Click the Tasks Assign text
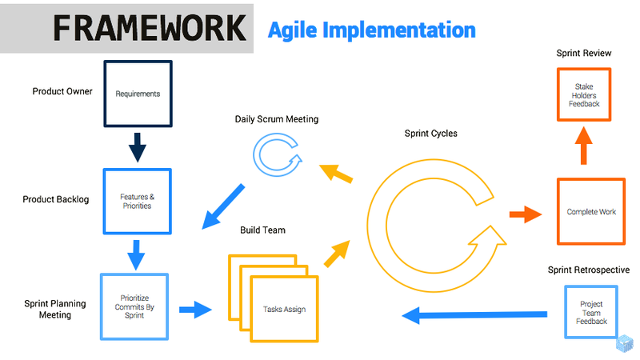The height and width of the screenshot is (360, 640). pyautogui.click(x=284, y=310)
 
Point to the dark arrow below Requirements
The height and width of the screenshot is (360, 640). pyautogui.click(x=138, y=147)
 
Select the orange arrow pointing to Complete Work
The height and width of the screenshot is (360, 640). pyautogui.click(x=526, y=214)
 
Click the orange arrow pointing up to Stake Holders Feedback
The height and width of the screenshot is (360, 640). pyautogui.click(x=584, y=146)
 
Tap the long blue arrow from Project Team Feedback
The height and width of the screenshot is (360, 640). pyautogui.click(x=474, y=315)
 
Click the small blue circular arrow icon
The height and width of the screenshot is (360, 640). pyautogui.click(x=254, y=155)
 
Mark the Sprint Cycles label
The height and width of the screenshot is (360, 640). pyautogui.click(x=430, y=134)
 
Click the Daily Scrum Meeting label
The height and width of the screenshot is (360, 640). pyautogui.click(x=276, y=119)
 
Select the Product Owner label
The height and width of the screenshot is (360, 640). pyautogui.click(x=62, y=91)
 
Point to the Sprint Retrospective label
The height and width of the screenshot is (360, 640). pyautogui.click(x=589, y=270)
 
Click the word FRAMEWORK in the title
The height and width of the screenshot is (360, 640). pyautogui.click(x=150, y=28)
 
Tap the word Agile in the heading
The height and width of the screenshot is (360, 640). pyautogui.click(x=292, y=30)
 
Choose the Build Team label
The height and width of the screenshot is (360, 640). pyautogui.click(x=262, y=230)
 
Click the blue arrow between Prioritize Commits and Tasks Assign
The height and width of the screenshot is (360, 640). pyautogui.click(x=195, y=310)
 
